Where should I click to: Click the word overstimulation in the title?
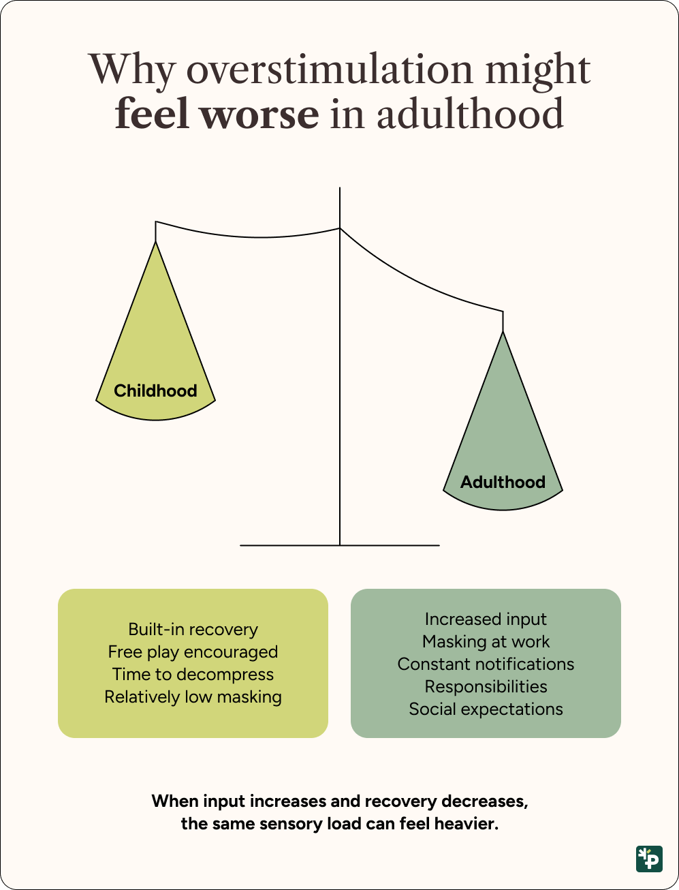(329, 70)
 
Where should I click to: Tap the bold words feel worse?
(217, 114)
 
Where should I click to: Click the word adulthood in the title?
(470, 114)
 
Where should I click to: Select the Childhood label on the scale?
(155, 391)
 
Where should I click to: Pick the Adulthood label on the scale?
(503, 482)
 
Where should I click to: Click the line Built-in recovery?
(193, 629)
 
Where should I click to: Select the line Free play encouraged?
(193, 651)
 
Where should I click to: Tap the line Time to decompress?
(193, 674)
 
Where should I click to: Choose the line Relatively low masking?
(193, 696)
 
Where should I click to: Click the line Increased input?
(486, 619)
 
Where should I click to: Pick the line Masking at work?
(486, 641)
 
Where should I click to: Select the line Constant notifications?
(486, 664)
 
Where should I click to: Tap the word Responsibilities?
(486, 686)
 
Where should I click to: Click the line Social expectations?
(486, 709)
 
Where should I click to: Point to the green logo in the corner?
(649, 859)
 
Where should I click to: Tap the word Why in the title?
(131, 70)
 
